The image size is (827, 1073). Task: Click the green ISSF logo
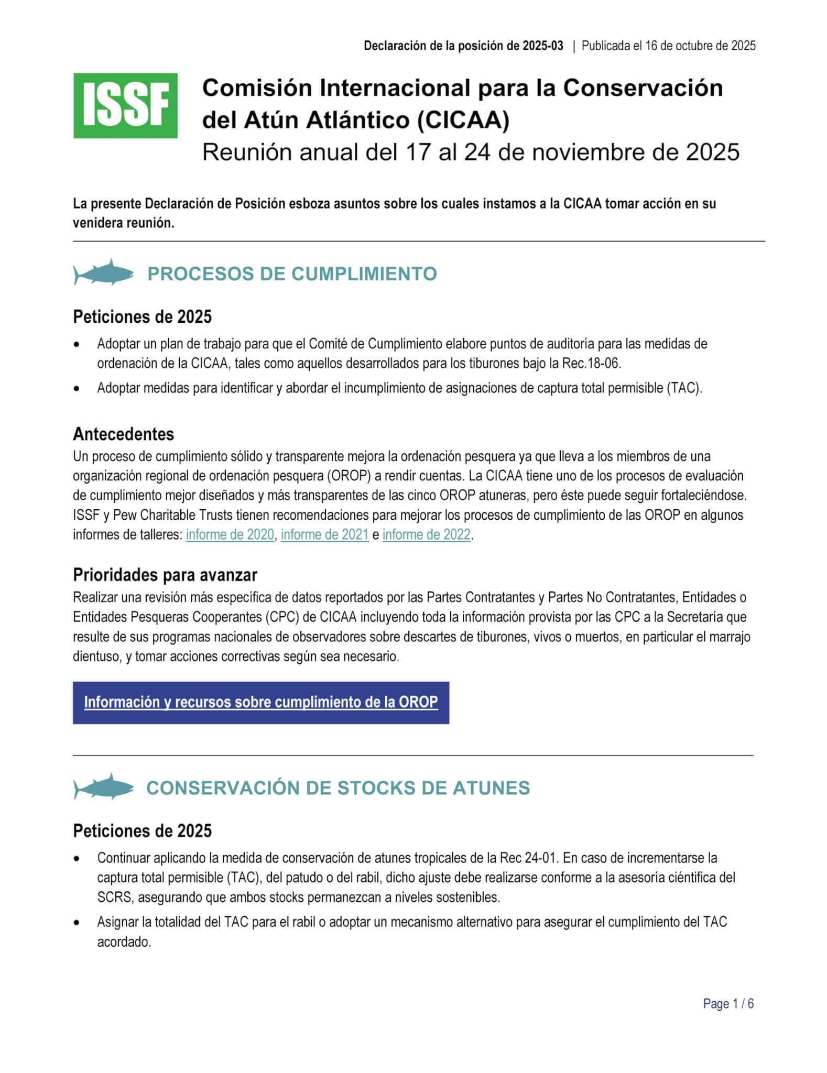click(125, 106)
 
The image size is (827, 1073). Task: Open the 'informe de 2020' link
click(230, 534)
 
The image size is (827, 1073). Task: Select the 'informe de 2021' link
click(324, 534)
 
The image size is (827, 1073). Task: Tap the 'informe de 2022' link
click(426, 534)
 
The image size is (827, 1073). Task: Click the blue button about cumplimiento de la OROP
click(260, 703)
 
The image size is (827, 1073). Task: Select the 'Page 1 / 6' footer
click(728, 1004)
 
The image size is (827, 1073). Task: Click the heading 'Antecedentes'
click(123, 434)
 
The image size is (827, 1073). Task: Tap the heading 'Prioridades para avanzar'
click(165, 575)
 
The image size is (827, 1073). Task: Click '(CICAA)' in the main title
click(463, 120)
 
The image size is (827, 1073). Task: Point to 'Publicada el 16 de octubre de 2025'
click(668, 46)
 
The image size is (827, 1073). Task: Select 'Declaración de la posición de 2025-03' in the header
click(463, 46)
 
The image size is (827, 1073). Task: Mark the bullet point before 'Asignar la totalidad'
click(78, 922)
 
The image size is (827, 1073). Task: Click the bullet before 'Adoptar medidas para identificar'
click(78, 389)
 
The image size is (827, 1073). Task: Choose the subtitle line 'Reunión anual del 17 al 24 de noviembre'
click(470, 152)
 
